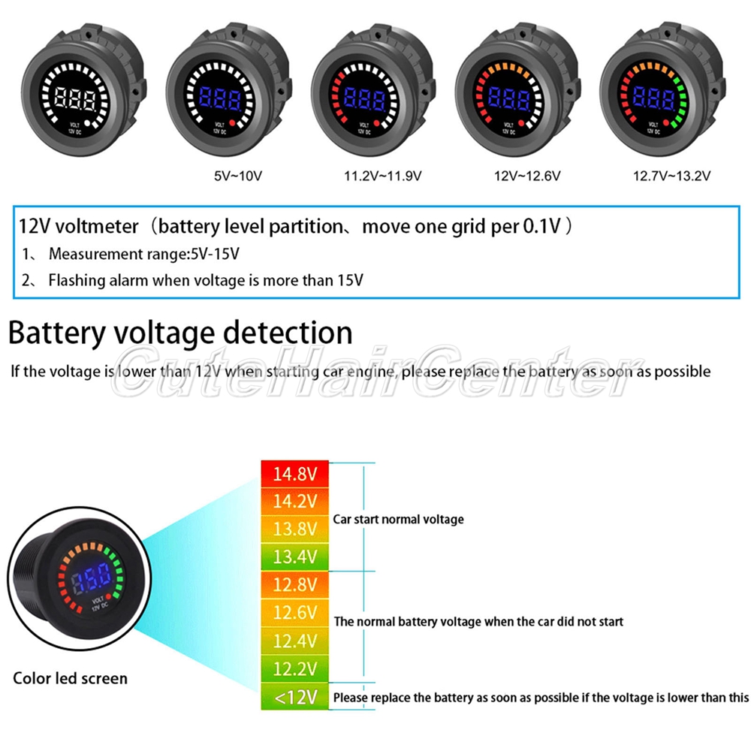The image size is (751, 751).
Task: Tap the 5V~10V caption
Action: (x=237, y=176)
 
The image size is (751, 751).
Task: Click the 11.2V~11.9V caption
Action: (x=382, y=176)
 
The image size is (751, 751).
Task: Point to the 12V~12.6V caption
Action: (x=527, y=176)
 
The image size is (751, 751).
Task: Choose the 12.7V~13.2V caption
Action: (x=672, y=176)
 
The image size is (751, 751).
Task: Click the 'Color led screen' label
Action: (x=70, y=678)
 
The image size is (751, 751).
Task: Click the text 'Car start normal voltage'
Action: (x=399, y=519)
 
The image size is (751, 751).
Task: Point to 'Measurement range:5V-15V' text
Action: (x=144, y=254)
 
